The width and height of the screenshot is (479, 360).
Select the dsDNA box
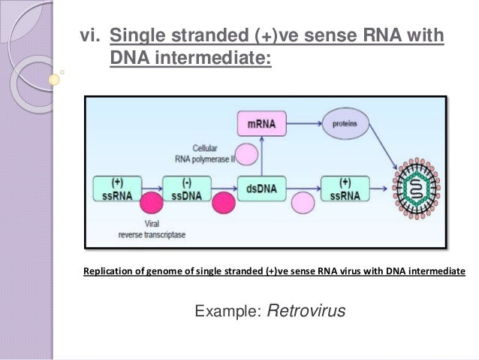(x=258, y=187)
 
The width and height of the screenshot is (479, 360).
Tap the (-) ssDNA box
(x=183, y=187)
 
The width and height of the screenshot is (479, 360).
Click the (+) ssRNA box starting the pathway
(x=116, y=187)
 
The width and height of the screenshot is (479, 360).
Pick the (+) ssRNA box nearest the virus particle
(x=345, y=187)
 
